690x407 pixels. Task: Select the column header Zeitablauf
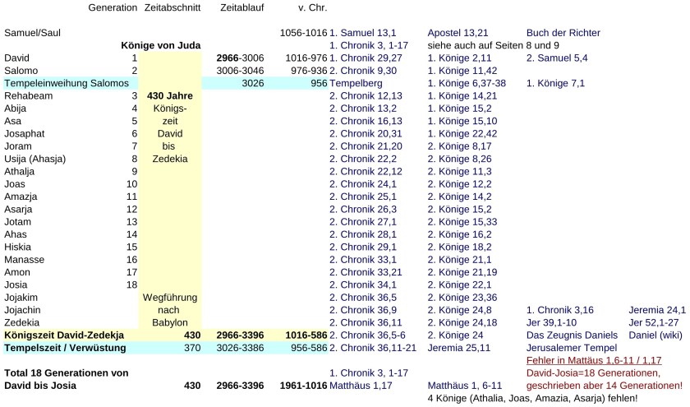click(242, 7)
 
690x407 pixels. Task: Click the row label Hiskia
click(20, 247)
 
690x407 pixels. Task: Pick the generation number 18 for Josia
click(131, 284)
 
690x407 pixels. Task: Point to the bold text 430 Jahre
click(169, 96)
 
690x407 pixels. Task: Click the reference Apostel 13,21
click(462, 33)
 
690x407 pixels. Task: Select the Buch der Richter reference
click(563, 33)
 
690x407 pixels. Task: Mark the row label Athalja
click(23, 171)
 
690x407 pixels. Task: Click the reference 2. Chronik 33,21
click(366, 272)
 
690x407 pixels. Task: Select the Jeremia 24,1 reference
click(656, 310)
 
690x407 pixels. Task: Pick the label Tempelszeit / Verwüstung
click(65, 348)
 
